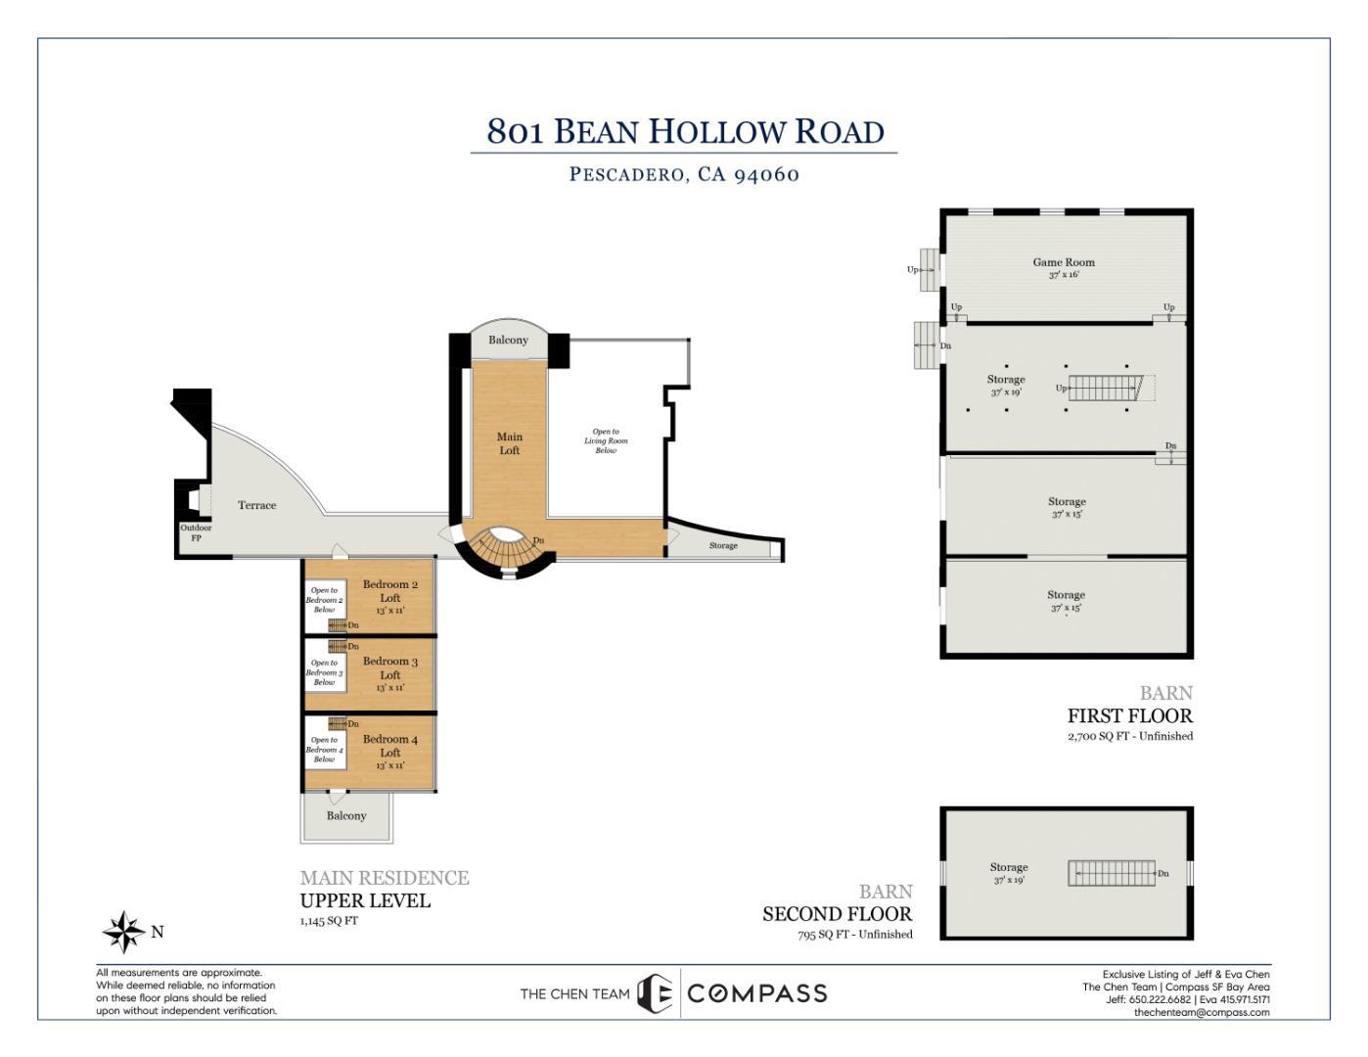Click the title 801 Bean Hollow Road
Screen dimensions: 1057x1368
(x=685, y=131)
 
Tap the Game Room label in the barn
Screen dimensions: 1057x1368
(x=1064, y=262)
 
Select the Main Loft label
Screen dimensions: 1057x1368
(x=510, y=443)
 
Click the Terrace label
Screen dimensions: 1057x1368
(x=257, y=505)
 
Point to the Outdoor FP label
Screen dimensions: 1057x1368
(x=196, y=532)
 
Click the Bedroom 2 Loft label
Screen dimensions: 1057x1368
(x=390, y=591)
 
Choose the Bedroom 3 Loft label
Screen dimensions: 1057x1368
(x=390, y=668)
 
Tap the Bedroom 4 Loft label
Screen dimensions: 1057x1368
(x=390, y=746)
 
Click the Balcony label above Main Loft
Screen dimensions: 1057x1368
(x=508, y=340)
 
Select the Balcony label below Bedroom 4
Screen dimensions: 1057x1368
(x=346, y=815)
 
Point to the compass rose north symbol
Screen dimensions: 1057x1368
(x=124, y=932)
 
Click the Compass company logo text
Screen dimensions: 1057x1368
(x=756, y=993)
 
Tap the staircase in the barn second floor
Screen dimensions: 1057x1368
(x=1112, y=873)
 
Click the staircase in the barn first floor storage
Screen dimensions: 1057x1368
(x=1105, y=388)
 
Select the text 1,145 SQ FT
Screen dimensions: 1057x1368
(x=329, y=921)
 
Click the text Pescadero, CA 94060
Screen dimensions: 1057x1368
(x=685, y=174)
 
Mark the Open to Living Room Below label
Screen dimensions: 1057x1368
(x=606, y=440)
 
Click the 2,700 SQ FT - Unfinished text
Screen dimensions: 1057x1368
(x=1130, y=736)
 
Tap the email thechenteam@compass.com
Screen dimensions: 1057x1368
(x=1202, y=1012)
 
